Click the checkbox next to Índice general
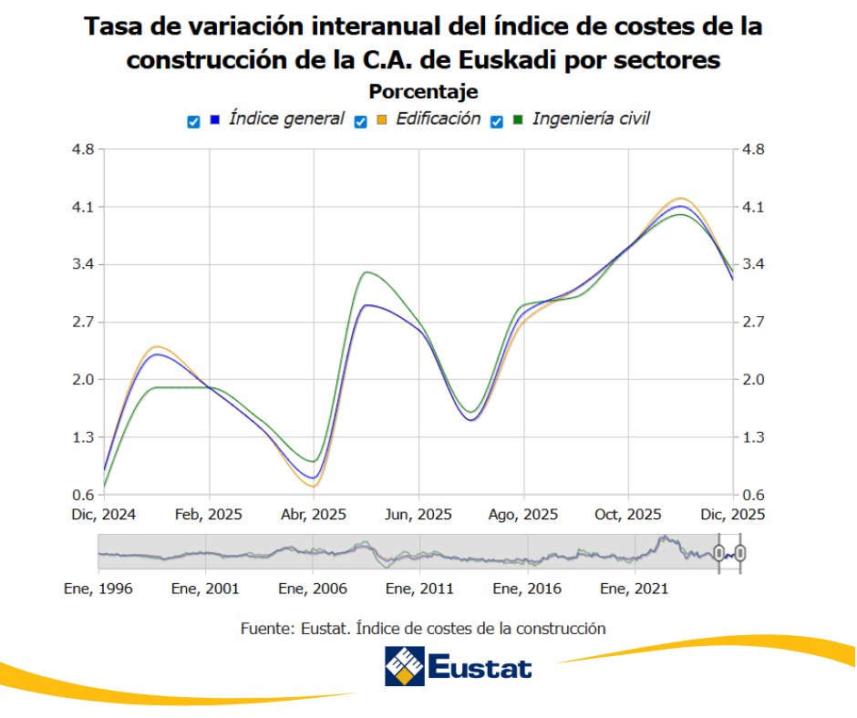coord(193,121)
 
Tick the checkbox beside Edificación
coord(361,121)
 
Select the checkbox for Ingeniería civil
coord(498,121)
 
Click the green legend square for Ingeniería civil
coord(518,119)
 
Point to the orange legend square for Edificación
coord(381,119)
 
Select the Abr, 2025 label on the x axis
coord(313,514)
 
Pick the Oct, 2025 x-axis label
coord(627,514)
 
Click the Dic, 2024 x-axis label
coord(104,514)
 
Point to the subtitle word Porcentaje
coord(423,92)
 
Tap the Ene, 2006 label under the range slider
coord(313,589)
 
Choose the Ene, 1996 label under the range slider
coord(99,589)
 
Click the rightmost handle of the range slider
coord(740,552)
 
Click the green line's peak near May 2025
coord(367,272)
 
